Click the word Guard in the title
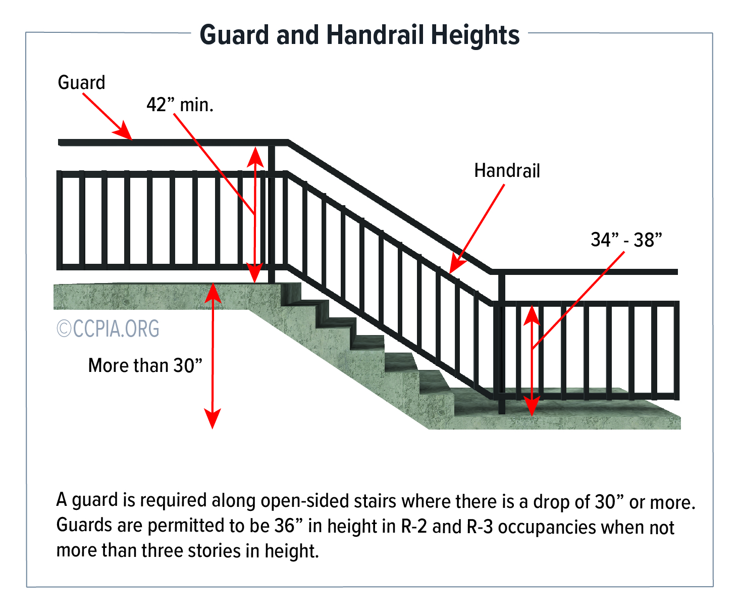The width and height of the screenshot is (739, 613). [x=234, y=35]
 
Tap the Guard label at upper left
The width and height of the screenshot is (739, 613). [x=81, y=82]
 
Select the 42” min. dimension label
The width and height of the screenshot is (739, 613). [x=180, y=105]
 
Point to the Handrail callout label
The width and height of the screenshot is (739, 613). [x=507, y=170]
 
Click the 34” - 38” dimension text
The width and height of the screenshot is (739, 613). [x=626, y=240]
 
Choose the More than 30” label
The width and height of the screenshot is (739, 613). [x=145, y=365]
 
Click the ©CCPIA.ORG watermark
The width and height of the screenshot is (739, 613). [x=108, y=328]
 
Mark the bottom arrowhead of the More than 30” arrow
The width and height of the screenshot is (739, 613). [x=213, y=418]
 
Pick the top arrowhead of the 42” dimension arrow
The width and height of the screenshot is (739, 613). [x=255, y=157]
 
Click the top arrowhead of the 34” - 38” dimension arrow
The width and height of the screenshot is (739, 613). [x=532, y=315]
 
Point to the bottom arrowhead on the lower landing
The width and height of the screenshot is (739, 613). [x=532, y=406]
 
